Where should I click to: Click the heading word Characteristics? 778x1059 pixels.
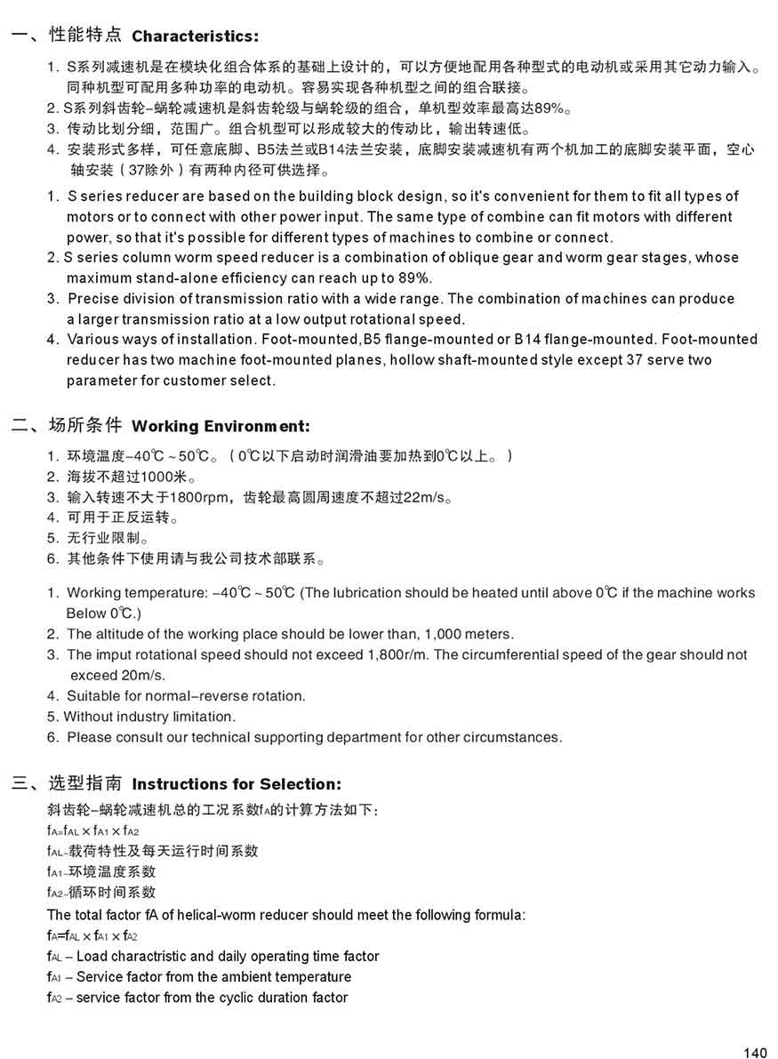194,36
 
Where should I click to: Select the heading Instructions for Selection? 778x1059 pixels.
236,784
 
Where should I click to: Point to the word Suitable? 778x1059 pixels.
92,696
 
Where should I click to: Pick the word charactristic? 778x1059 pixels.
148,957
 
